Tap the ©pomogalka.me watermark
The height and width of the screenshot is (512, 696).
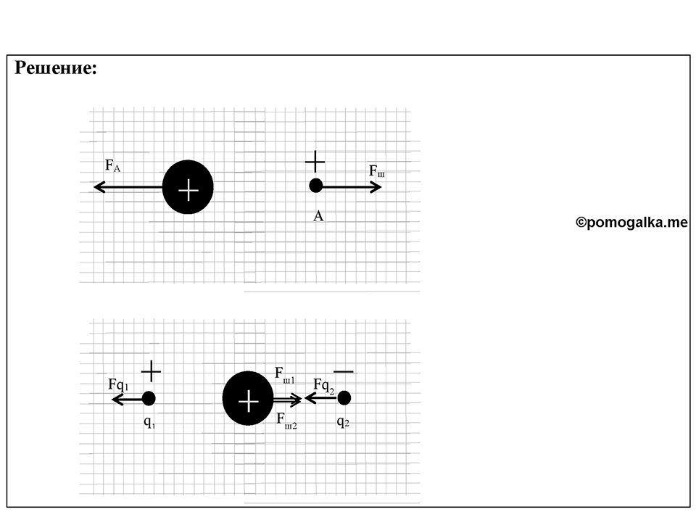pyautogui.click(x=631, y=222)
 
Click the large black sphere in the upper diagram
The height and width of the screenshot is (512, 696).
pyautogui.click(x=188, y=187)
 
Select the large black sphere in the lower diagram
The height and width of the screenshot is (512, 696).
pyautogui.click(x=248, y=398)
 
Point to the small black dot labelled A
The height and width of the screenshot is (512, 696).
pyautogui.click(x=315, y=186)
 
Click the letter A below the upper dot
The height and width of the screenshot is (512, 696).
pyautogui.click(x=318, y=216)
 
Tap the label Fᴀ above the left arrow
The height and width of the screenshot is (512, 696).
pyautogui.click(x=112, y=165)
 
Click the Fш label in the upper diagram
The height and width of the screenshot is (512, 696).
pyautogui.click(x=377, y=171)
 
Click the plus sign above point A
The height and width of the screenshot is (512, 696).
pyautogui.click(x=315, y=162)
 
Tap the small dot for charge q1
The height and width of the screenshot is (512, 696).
pyautogui.click(x=149, y=398)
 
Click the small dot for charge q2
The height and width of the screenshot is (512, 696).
pyautogui.click(x=344, y=398)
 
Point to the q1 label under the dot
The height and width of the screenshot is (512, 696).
pyautogui.click(x=149, y=422)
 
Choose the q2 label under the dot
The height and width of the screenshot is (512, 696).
pyautogui.click(x=343, y=421)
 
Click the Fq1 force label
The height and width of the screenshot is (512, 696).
pyautogui.click(x=118, y=384)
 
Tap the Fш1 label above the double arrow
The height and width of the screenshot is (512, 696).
pyautogui.click(x=285, y=374)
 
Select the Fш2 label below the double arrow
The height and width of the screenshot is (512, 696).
pyautogui.click(x=286, y=420)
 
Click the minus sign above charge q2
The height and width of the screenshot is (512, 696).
pyautogui.click(x=344, y=371)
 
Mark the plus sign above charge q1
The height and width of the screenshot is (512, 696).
pyautogui.click(x=151, y=371)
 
